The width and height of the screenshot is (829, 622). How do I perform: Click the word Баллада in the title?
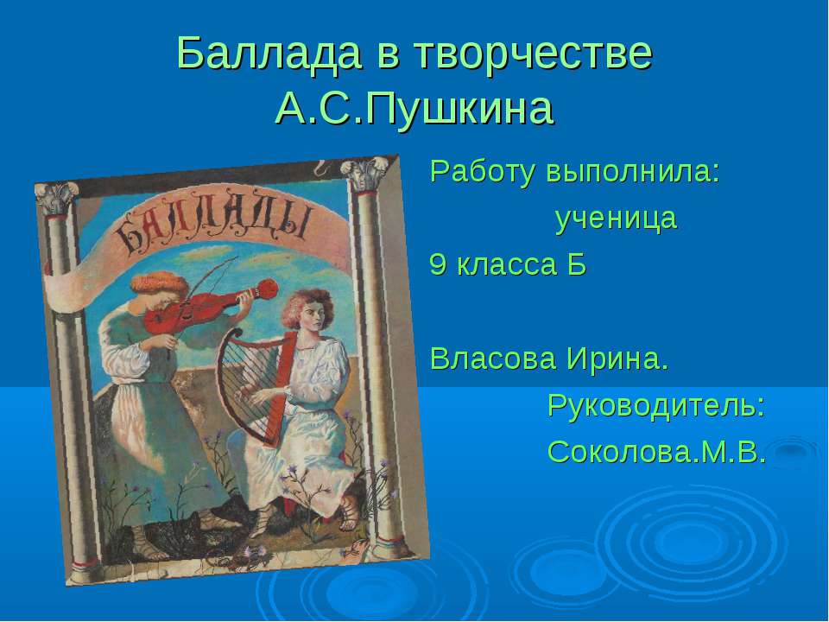269,53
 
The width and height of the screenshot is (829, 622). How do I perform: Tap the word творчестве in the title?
533,53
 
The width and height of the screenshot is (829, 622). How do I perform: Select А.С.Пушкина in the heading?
414,109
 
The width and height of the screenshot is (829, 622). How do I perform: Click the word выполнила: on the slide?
633,172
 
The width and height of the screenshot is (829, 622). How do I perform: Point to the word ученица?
616,218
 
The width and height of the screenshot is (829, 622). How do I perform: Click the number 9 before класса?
437,264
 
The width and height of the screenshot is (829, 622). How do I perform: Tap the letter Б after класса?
578,264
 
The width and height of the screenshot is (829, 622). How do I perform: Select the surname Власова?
493,359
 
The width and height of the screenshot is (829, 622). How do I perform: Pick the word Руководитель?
656,405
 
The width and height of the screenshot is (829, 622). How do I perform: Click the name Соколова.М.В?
656,452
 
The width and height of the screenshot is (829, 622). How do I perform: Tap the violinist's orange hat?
160,284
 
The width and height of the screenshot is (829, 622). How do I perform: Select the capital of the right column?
364,174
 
